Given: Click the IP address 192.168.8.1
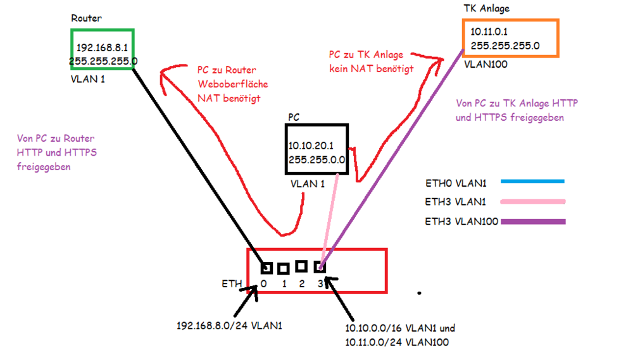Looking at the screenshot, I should click(x=103, y=47).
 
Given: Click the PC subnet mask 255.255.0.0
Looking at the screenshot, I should click(x=316, y=159).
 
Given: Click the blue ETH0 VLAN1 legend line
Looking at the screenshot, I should click(x=532, y=182).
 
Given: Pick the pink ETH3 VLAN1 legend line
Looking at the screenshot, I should click(x=532, y=202).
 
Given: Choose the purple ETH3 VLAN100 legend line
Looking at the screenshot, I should click(x=532, y=221).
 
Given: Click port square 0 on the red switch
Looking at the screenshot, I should click(x=266, y=268).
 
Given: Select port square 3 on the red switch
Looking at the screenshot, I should click(x=320, y=267).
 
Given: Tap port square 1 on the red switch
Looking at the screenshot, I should click(x=283, y=269).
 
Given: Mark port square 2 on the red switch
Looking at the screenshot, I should click(x=301, y=266).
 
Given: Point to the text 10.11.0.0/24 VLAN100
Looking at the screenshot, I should click(x=397, y=342).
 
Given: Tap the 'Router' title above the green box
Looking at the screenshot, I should click(x=85, y=19).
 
